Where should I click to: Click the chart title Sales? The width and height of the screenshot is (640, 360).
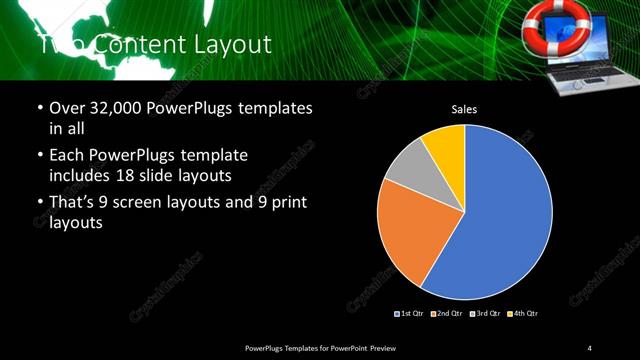pyautogui.click(x=464, y=109)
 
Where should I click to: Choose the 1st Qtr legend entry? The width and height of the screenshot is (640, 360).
pyautogui.click(x=411, y=313)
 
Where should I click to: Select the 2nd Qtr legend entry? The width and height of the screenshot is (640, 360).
pyautogui.click(x=447, y=313)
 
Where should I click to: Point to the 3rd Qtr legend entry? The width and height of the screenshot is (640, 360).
pyautogui.click(x=484, y=313)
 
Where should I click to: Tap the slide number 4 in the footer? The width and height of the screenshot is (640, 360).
pyautogui.click(x=590, y=347)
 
